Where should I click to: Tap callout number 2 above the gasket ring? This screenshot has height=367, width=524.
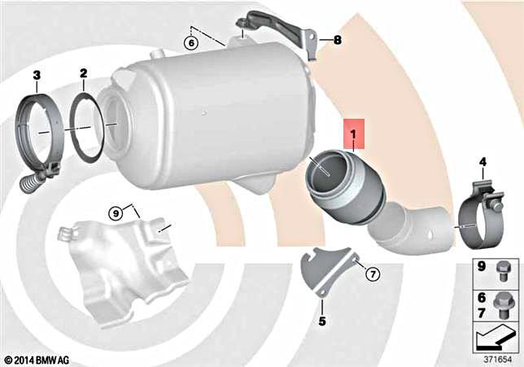tap(83, 75)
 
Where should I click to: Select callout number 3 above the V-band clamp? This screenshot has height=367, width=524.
tap(37, 75)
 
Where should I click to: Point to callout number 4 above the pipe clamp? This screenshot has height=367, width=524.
tap(482, 162)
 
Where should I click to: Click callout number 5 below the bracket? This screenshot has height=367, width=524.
tap(321, 321)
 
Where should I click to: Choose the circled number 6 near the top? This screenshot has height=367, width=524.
tap(190, 42)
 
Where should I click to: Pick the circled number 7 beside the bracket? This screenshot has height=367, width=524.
tap(373, 273)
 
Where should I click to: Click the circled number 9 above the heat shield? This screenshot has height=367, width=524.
tap(116, 213)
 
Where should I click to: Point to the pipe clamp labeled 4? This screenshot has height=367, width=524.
tap(479, 214)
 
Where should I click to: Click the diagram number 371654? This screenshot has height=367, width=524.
tap(497, 357)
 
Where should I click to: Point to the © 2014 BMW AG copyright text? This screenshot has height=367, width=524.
tap(37, 359)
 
